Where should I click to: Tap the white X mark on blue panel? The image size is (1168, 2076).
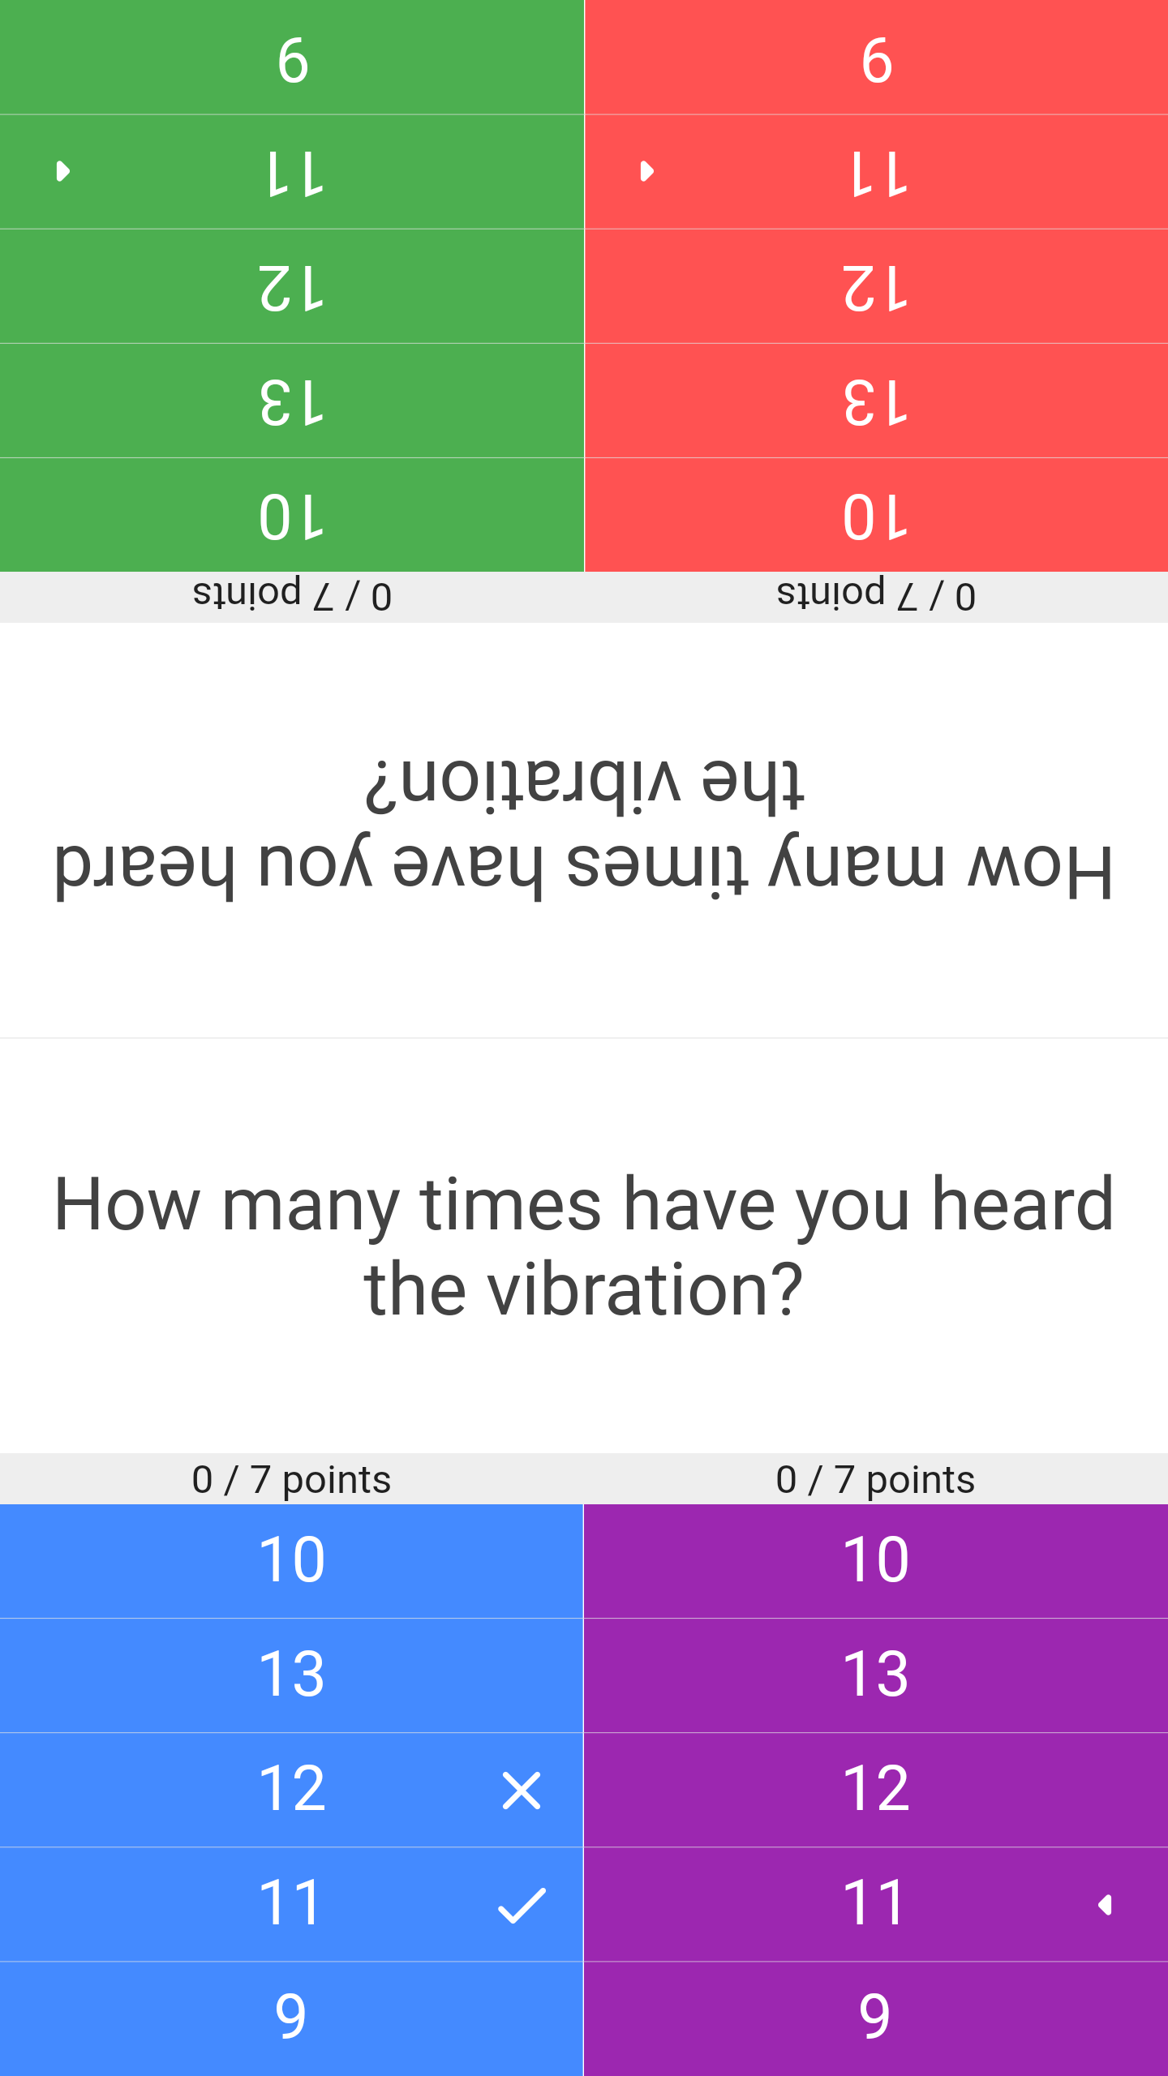point(522,1791)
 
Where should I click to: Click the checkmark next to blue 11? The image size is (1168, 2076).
point(522,1905)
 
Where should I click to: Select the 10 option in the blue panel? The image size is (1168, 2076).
point(292,1559)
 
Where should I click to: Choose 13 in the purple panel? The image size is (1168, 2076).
point(876,1674)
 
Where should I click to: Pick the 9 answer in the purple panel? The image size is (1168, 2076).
point(876,2017)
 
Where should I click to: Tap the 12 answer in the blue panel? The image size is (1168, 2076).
point(292,1788)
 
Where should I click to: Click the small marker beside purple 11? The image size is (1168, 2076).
point(1105,1905)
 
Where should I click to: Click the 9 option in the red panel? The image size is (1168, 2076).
point(876,59)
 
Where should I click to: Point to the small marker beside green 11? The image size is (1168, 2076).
point(63,171)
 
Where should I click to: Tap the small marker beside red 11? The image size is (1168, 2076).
point(647,171)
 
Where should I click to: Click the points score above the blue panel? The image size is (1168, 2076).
point(292,1480)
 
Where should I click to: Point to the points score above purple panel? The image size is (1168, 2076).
point(876,1480)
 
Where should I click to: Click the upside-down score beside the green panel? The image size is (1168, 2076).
point(292,595)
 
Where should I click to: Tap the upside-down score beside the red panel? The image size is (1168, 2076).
point(876,595)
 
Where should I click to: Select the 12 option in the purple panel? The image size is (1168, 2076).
point(876,1788)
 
